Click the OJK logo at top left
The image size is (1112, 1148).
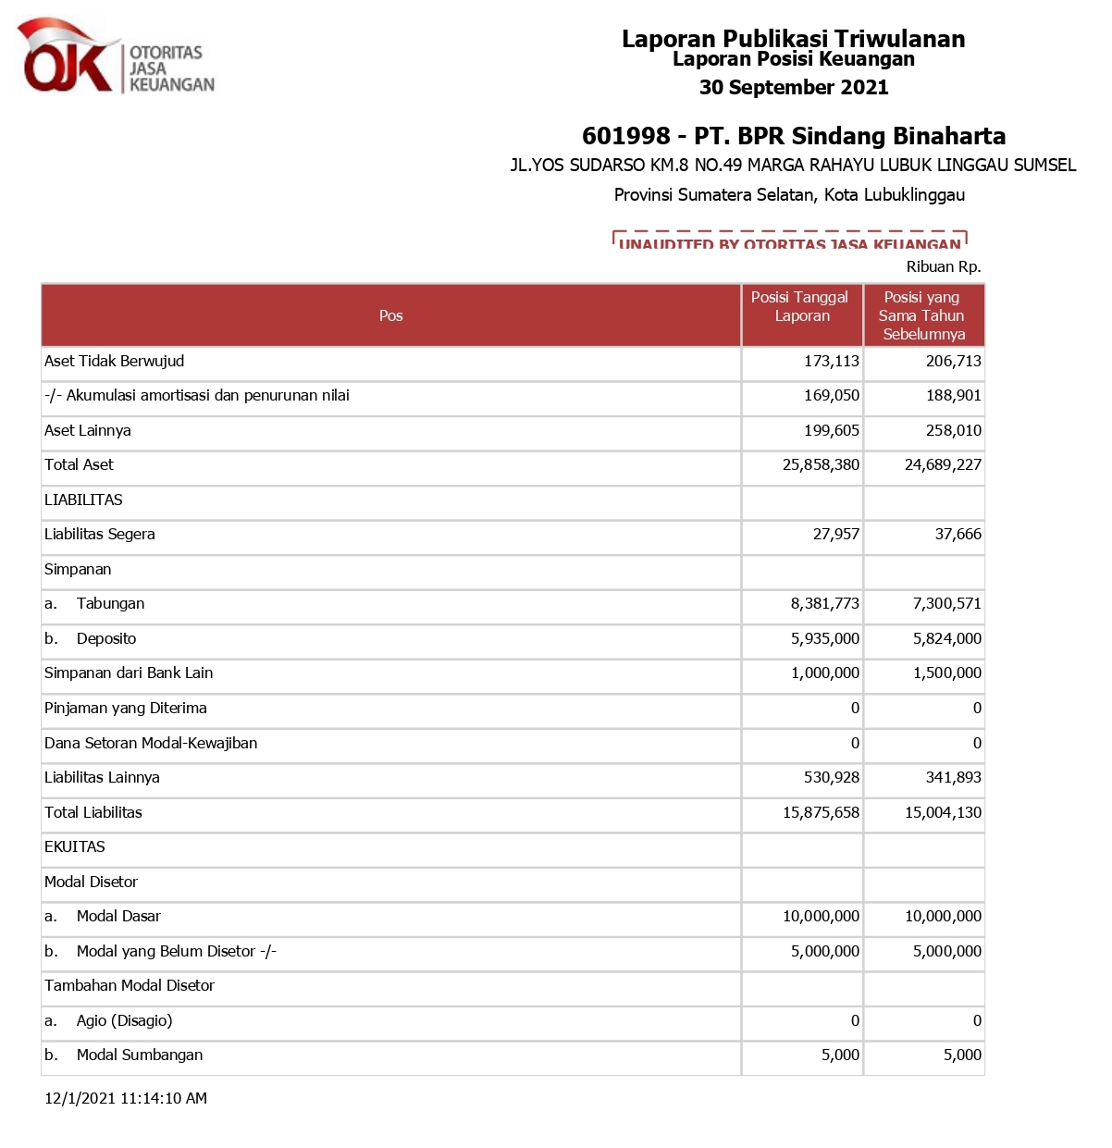[x=116, y=58]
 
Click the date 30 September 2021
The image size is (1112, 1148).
[x=794, y=88]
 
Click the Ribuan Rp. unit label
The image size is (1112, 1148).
[x=944, y=266]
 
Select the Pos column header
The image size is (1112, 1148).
[x=390, y=315]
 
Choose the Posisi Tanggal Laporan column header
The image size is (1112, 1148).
[x=800, y=306]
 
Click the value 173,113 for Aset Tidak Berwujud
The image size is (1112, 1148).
[x=831, y=361]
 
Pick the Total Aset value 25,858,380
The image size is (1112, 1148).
[x=821, y=464]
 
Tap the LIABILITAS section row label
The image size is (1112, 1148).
[x=83, y=500]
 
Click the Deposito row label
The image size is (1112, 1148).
[x=105, y=638]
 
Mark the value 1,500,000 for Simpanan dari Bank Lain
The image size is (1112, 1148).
[x=946, y=673]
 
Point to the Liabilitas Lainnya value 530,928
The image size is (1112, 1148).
[x=831, y=777]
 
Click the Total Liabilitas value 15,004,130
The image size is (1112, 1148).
[x=943, y=812]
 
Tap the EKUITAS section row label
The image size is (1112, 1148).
[x=75, y=846]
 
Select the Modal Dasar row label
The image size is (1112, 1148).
[x=118, y=916]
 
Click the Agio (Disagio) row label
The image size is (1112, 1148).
[x=124, y=1020]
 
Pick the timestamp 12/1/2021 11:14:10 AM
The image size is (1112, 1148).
[x=126, y=1098]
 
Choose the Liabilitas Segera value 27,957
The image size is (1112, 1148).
[x=835, y=534]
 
